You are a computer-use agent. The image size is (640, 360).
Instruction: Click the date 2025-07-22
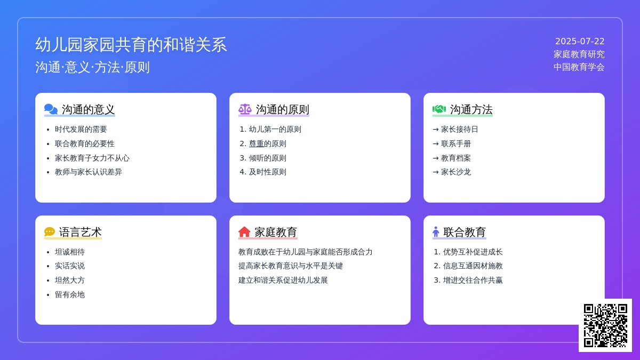[x=580, y=42]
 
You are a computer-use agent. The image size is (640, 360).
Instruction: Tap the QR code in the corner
[x=605, y=325]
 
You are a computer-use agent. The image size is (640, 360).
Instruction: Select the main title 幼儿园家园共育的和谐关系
[x=131, y=45]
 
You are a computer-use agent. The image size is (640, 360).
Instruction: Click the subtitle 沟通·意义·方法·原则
[x=92, y=67]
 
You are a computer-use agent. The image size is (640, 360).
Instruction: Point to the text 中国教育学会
[x=579, y=67]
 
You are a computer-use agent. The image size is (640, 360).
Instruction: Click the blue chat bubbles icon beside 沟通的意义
[x=51, y=109]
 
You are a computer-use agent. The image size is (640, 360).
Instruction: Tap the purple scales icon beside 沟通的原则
[x=245, y=109]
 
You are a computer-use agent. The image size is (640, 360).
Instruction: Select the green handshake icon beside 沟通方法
[x=439, y=109]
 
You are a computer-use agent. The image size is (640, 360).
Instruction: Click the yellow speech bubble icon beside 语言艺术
[x=50, y=231]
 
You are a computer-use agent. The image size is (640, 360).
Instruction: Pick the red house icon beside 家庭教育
[x=244, y=231]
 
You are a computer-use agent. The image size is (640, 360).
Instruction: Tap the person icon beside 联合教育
[x=436, y=231]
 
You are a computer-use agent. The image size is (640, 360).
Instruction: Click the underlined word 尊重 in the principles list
[x=257, y=143]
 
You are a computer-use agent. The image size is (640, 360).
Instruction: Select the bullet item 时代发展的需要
[x=81, y=130]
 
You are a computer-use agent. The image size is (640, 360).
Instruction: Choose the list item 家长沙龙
[x=456, y=172]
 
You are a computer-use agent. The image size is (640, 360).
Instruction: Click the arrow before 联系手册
[x=436, y=143]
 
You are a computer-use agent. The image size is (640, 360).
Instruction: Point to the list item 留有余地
[x=70, y=294]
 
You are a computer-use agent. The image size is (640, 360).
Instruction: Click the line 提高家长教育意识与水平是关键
[x=291, y=266]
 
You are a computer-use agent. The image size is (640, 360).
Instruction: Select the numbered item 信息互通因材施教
[x=473, y=266]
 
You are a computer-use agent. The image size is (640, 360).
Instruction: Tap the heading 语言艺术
[x=81, y=232]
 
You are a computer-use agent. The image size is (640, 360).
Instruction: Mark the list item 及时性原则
[x=267, y=172]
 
